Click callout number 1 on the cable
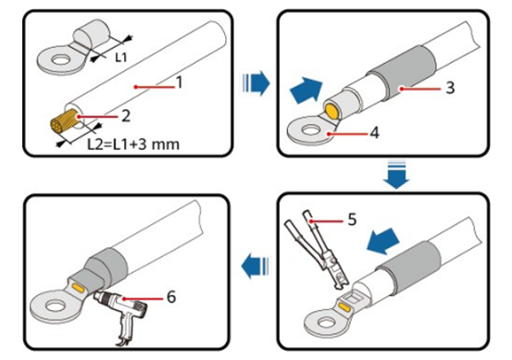click(x=179, y=82)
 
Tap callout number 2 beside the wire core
click(x=126, y=116)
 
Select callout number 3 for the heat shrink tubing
click(x=450, y=88)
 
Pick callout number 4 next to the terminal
click(x=375, y=132)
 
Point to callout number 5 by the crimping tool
click(x=352, y=219)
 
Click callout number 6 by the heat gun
click(x=171, y=297)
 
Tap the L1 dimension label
click(x=120, y=57)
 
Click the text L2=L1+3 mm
click(x=133, y=144)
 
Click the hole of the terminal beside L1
click(x=59, y=59)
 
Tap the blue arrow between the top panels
click(x=256, y=83)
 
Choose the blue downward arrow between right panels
click(x=396, y=175)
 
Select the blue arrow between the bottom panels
click(x=255, y=266)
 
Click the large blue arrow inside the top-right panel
click(x=306, y=91)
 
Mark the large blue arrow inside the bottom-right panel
click(x=383, y=241)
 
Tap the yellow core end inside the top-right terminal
click(x=331, y=110)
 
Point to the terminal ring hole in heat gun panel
click(x=56, y=305)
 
